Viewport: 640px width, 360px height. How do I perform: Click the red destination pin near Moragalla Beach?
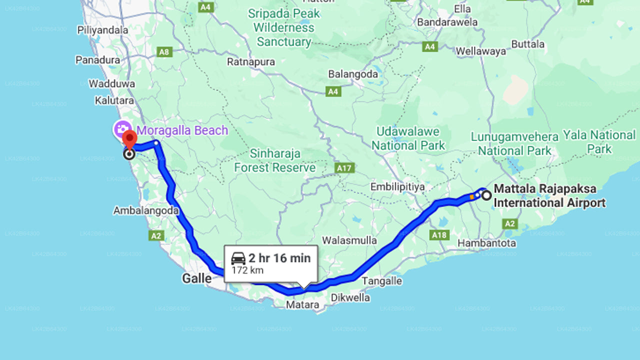129,139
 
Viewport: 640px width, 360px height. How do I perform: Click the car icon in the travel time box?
238,258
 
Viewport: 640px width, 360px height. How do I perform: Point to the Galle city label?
196,278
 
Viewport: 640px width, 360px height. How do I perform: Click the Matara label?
302,304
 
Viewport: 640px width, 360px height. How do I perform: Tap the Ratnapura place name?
250,62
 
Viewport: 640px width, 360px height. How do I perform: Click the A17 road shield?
344,168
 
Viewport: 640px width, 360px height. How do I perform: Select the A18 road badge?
439,235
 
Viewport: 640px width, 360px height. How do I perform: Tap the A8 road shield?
164,52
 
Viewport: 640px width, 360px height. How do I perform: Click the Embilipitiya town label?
397,186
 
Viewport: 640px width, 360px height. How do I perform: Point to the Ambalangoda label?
145,210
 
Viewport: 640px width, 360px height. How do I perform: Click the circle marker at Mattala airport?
486,195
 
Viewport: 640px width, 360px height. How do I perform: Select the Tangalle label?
382,281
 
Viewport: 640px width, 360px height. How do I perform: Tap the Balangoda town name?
352,74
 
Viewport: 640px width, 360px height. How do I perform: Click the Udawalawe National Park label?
408,138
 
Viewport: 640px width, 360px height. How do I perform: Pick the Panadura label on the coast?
97,60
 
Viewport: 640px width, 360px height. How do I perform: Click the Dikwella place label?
350,298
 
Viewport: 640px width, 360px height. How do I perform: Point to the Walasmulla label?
349,240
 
